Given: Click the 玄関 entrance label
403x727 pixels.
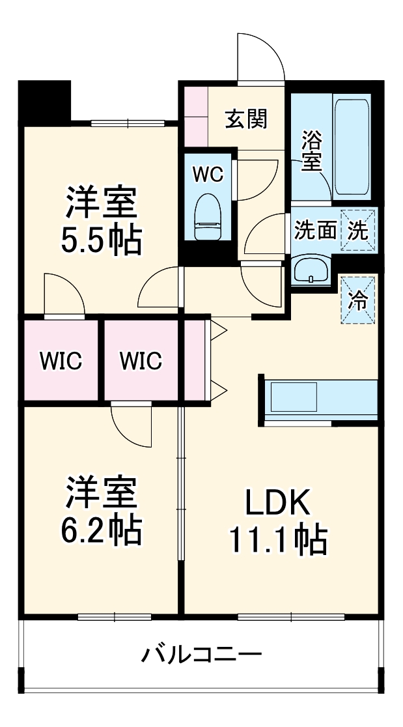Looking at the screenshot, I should (x=246, y=119).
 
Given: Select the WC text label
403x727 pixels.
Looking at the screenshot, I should (x=208, y=174).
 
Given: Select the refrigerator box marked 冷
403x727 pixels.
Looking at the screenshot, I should (x=359, y=299).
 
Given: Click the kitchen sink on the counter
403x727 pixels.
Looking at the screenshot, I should (x=293, y=397).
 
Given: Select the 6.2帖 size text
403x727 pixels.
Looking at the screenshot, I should (x=101, y=530).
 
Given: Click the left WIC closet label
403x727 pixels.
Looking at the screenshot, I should (x=61, y=360).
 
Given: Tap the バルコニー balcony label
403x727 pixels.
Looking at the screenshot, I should (x=202, y=653).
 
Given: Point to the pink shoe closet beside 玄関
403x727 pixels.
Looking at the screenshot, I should (x=195, y=116).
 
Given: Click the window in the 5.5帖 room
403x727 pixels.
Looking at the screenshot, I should (x=128, y=122).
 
